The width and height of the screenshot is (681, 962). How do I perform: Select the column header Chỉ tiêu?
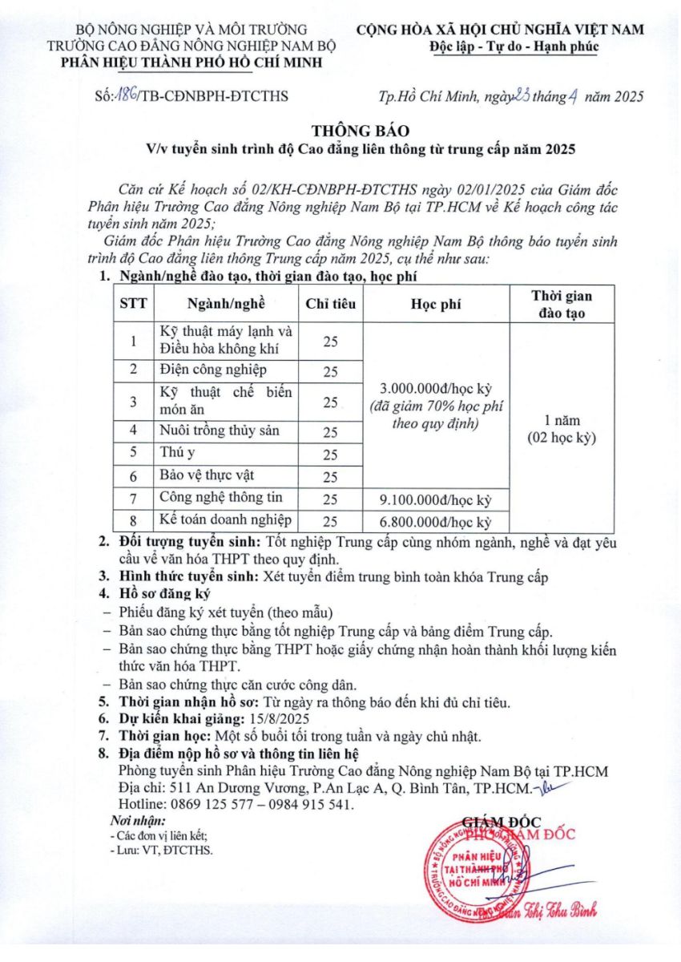[330, 304]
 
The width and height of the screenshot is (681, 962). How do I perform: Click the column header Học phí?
[436, 304]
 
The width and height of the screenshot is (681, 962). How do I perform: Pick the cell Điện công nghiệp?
[213, 370]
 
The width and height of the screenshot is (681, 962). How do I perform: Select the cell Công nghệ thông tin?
[220, 498]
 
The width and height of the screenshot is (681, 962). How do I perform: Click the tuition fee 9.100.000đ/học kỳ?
[436, 499]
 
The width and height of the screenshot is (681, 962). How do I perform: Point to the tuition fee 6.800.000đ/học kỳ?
[436, 522]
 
